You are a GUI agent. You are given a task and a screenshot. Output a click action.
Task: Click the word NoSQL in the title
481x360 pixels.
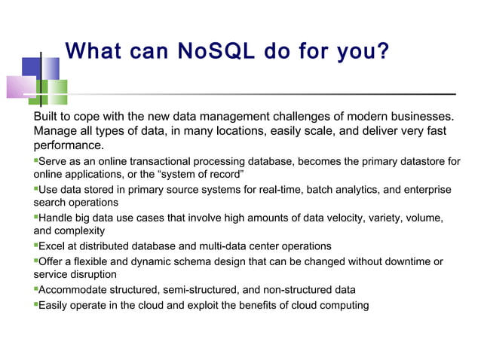(x=213, y=52)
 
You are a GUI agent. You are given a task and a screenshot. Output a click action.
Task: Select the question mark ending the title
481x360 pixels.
(x=382, y=52)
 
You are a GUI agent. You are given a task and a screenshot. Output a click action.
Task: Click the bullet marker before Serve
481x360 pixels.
(x=36, y=160)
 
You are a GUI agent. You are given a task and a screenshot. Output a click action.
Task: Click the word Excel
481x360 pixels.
(x=52, y=246)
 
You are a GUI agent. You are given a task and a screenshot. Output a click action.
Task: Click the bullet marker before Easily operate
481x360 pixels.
(x=36, y=304)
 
